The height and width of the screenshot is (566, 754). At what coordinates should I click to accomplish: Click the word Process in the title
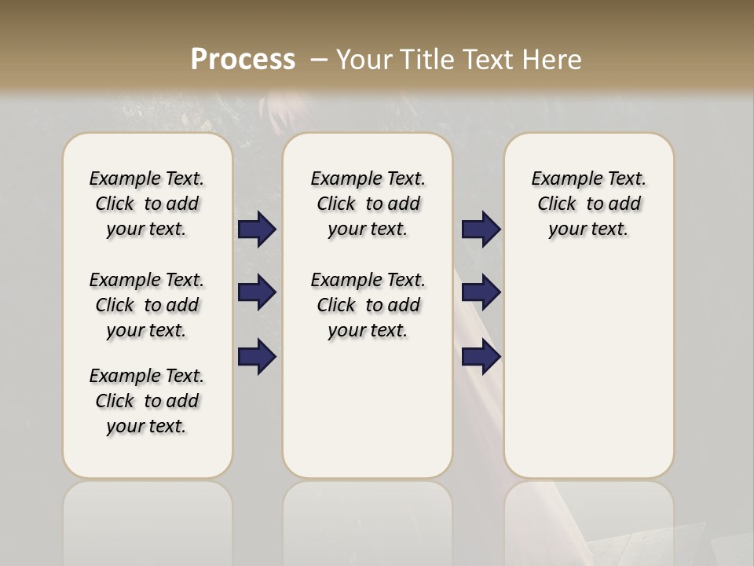click(x=243, y=59)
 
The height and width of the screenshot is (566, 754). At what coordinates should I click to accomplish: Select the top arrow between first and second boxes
click(x=257, y=230)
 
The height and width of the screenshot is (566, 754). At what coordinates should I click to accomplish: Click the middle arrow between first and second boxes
click(x=257, y=292)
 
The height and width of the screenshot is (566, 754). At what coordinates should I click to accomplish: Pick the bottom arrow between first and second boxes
click(x=257, y=356)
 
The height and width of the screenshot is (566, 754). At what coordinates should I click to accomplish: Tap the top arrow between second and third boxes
click(x=481, y=230)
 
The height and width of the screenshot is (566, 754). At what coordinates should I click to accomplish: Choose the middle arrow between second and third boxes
click(x=481, y=292)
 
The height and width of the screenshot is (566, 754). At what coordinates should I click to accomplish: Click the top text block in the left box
click(x=147, y=204)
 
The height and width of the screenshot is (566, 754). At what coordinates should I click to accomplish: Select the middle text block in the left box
click(x=147, y=305)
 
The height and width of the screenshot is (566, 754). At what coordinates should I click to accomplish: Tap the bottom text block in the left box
click(x=147, y=401)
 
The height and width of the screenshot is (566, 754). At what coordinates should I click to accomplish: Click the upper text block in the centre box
click(x=368, y=204)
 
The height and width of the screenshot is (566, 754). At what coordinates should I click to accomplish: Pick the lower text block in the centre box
click(x=368, y=305)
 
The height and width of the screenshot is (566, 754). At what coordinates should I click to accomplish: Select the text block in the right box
click(x=588, y=204)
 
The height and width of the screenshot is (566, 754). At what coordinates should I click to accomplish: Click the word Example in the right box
click(x=561, y=179)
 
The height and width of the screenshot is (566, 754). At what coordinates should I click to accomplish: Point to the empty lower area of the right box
click(x=588, y=369)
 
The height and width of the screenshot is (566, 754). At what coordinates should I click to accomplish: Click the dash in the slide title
click(x=318, y=60)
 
